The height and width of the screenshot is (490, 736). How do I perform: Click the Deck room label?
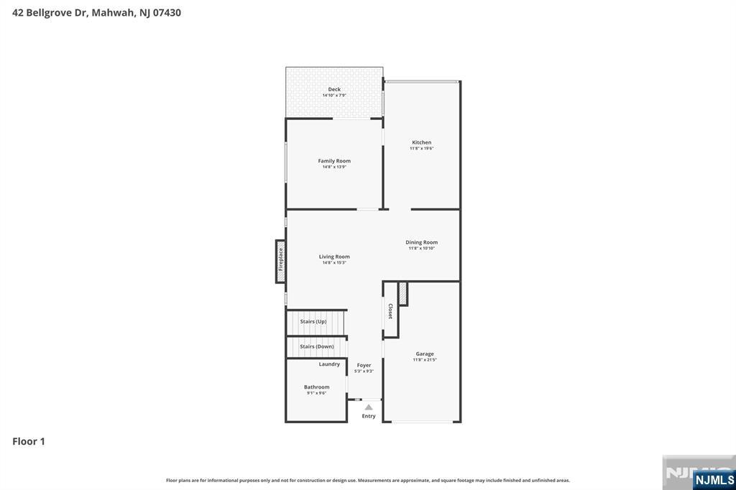coord(334,89)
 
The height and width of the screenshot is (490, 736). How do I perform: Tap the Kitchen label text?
coord(421,142)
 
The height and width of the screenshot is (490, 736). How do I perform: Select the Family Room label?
coord(334,161)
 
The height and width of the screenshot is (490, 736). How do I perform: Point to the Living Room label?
coord(334,256)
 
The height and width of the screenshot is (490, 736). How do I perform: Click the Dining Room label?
coord(421,242)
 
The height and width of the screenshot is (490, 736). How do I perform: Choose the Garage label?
coord(424,353)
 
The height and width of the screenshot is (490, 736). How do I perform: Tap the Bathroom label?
coord(316,387)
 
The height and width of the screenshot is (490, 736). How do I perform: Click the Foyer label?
coord(364,365)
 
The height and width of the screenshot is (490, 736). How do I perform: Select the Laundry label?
coord(329,364)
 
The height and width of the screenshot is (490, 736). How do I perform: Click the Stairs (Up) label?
coord(313,321)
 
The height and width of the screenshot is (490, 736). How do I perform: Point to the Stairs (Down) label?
coord(316,346)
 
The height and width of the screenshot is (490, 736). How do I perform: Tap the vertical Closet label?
coord(390,311)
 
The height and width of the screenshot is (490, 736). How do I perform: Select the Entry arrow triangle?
coord(369,407)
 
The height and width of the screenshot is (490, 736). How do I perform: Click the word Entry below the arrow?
coord(369,416)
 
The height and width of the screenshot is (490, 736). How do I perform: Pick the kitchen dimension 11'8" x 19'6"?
coord(421,149)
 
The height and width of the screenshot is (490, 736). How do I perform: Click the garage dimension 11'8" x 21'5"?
coord(424,360)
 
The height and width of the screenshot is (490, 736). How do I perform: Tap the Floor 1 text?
coord(29,441)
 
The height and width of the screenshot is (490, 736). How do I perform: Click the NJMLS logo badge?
coord(714,479)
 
